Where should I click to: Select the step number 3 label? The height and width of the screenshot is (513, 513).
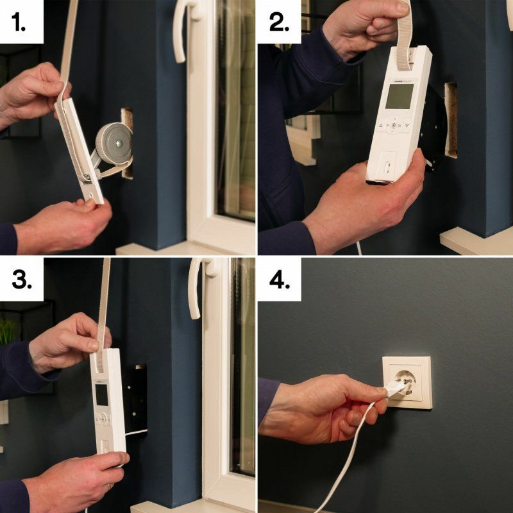21,280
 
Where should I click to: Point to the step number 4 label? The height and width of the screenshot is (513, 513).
280,280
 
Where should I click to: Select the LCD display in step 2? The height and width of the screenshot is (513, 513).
399,96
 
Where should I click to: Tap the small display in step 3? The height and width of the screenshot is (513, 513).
102,394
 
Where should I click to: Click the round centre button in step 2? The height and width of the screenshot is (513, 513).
394,126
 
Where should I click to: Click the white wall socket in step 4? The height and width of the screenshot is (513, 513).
407,382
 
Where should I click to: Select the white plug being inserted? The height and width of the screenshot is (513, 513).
392,388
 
